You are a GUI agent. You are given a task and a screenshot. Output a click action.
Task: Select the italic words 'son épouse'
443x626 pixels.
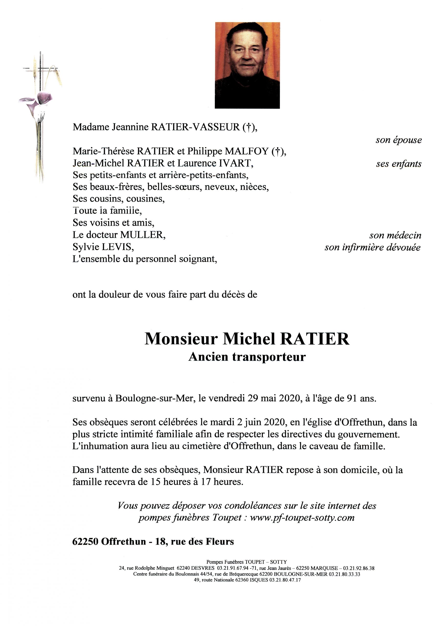[398, 140]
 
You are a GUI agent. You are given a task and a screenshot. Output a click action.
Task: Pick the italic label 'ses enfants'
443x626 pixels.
[398, 164]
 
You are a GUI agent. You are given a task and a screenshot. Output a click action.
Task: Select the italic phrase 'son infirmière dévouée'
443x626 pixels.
[372, 247]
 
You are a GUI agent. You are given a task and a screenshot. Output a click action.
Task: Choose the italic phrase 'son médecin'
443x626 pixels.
[395, 235]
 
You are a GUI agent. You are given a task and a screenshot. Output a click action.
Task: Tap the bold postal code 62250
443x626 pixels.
[85, 541]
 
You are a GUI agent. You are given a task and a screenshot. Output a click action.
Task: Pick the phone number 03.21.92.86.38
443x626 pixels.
[359, 569]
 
